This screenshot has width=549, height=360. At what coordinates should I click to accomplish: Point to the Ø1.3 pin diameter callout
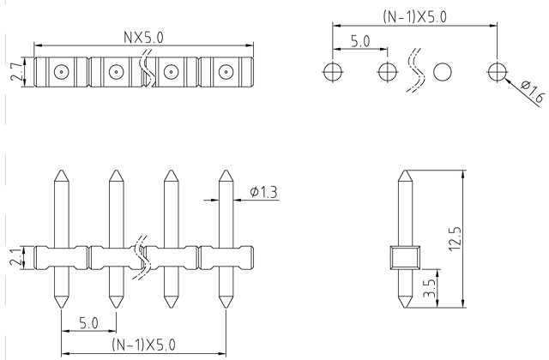[263, 192]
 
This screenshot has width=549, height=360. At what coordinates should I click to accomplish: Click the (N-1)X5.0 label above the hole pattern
[413, 16]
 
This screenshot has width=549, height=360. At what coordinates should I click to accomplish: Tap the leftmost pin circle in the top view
[60, 72]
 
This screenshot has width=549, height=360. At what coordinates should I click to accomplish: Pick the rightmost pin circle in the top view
[226, 72]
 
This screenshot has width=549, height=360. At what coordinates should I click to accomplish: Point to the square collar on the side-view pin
[403, 257]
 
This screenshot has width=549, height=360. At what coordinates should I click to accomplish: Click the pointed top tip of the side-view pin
[403, 171]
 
